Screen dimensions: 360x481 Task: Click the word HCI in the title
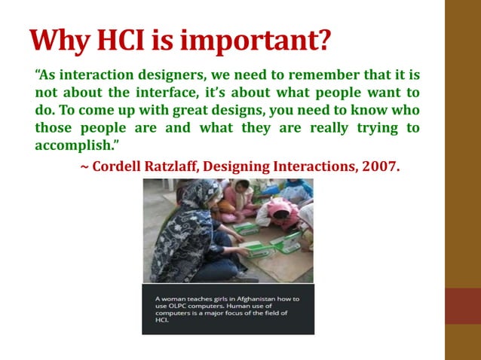(x=112, y=40)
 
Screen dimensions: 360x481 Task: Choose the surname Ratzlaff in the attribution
(x=173, y=166)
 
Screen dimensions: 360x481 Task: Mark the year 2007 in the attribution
(x=381, y=166)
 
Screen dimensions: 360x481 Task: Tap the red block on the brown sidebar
(x=462, y=305)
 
